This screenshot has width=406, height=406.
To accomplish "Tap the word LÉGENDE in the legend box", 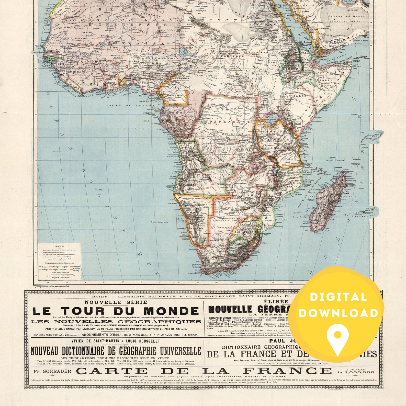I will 59,246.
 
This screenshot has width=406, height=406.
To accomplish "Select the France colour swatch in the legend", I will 40,267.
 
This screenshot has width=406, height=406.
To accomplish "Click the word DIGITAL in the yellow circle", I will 338,297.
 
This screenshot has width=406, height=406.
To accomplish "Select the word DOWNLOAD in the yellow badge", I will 338,313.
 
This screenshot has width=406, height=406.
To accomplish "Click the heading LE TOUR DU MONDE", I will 116,311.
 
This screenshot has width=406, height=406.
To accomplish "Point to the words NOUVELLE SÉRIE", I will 116,302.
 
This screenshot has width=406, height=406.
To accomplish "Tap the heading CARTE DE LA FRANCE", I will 204,371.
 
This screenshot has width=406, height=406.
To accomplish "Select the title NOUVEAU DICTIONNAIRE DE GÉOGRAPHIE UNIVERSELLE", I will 116,351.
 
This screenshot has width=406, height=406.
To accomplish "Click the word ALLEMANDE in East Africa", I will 276,148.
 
